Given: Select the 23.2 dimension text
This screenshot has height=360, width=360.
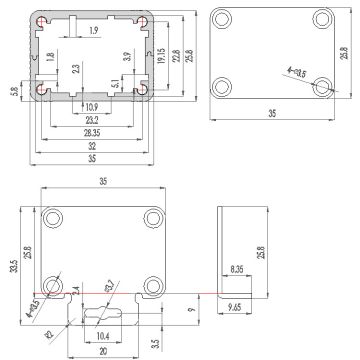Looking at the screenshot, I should click(91, 119).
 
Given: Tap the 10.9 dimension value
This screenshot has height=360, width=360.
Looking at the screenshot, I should click(91, 106).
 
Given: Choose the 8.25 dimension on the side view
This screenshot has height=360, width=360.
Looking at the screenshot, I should click(236, 269).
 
